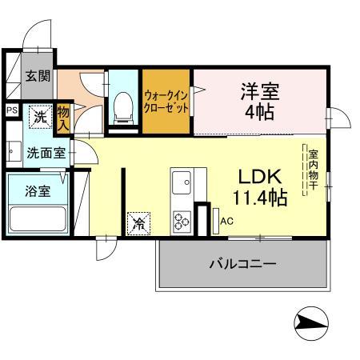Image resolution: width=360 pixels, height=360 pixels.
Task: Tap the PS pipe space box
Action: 11,110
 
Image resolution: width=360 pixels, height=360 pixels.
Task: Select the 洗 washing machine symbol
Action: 39,117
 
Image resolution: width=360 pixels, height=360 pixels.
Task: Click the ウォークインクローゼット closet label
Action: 166,102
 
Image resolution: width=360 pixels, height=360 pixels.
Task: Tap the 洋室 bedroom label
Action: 259,90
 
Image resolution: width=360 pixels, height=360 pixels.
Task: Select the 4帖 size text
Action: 259,112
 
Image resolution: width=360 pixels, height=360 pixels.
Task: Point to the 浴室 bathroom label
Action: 37,192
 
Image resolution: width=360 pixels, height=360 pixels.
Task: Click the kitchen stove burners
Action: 182,218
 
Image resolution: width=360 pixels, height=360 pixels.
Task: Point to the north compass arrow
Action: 313,324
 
